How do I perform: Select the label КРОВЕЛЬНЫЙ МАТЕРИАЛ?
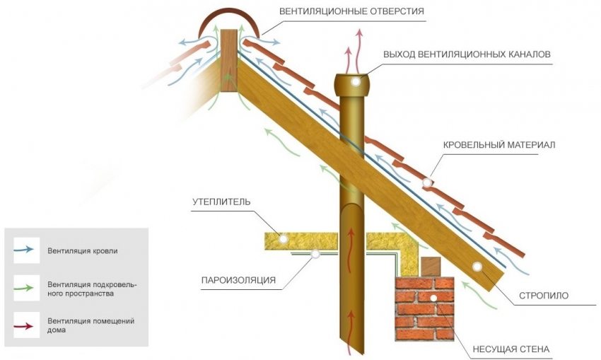499,145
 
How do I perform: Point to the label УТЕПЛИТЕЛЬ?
221,202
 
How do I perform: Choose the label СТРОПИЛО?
544,295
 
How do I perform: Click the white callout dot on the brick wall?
433,298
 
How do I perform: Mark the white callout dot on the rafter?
477,267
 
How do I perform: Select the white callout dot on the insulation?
284,239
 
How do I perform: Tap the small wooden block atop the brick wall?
430,265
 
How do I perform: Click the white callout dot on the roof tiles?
426,182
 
